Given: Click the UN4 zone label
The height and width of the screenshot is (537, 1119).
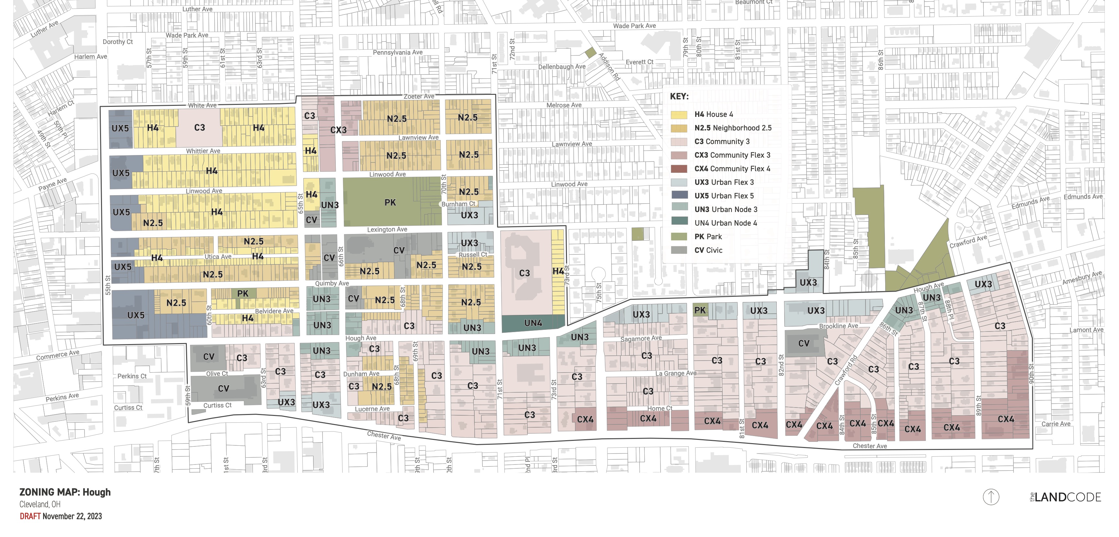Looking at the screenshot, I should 533,323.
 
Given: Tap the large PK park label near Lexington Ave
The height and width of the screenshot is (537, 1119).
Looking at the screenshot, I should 390,202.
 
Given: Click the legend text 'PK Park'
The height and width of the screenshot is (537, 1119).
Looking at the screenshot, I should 708,237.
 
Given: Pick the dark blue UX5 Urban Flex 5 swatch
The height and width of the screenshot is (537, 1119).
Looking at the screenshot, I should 679,196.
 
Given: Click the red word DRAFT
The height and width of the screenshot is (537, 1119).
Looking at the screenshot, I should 30,516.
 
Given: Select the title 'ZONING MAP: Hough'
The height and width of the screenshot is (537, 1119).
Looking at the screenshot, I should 65,492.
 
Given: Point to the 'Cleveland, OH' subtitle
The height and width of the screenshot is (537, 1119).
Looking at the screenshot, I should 40,504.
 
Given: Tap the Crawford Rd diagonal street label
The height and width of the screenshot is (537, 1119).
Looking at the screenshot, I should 846,370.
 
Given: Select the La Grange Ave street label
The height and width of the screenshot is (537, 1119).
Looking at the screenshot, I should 675,373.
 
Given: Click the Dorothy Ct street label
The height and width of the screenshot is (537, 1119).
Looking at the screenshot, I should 118,42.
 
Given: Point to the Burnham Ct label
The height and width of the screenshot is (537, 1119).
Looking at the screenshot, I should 458,204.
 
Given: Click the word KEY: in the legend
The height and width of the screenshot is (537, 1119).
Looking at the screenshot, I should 679,96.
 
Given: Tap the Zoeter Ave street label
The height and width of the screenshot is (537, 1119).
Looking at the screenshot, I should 419,96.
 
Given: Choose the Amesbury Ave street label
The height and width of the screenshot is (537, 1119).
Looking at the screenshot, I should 1082,278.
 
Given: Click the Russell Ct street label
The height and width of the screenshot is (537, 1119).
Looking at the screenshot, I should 473,255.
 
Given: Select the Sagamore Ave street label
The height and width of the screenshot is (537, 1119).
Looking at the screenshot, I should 641,339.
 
